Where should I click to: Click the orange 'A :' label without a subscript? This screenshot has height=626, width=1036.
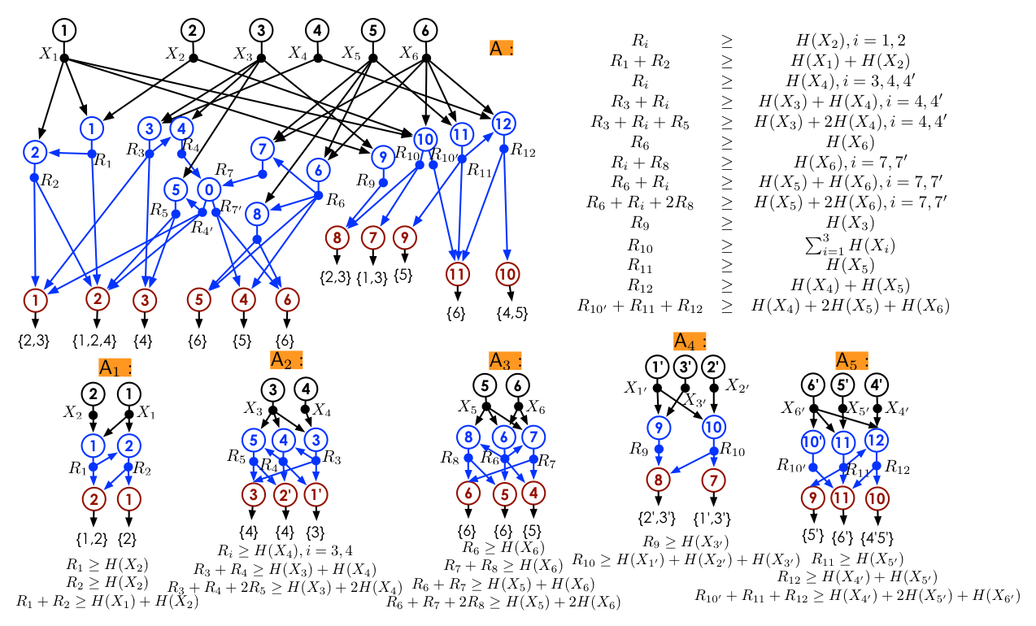[x=501, y=48]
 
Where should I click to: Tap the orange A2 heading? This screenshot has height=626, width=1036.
[x=286, y=359]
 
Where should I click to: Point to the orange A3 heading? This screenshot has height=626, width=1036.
[x=504, y=359]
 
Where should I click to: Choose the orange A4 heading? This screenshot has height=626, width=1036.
[x=690, y=341]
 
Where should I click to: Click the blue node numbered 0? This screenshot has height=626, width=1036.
[x=209, y=189]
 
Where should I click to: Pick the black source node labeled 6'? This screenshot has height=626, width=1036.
[x=814, y=384]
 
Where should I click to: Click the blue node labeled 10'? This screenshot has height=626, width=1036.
[x=813, y=441]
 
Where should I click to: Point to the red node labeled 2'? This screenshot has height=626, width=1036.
[x=285, y=493]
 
